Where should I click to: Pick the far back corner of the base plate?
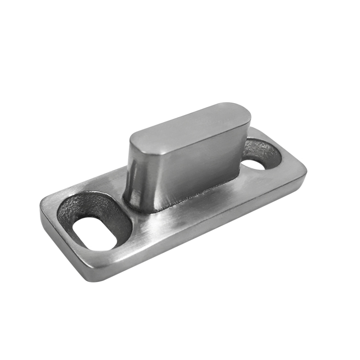pos(254,129)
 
